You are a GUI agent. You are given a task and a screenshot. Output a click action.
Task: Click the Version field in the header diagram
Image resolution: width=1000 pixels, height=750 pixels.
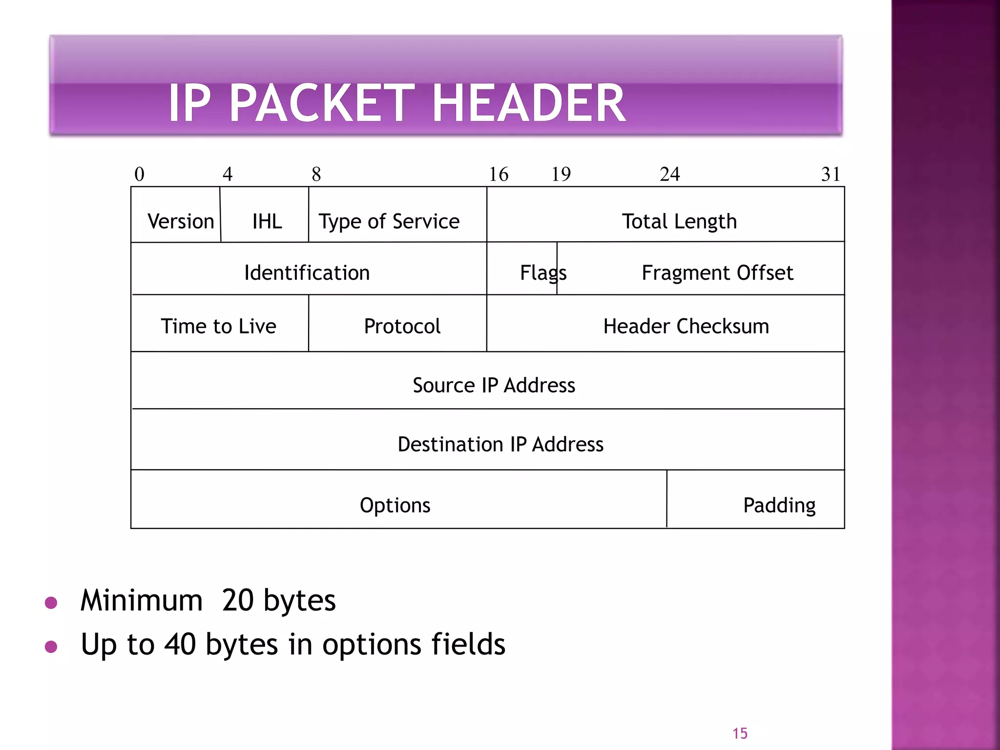[180, 221]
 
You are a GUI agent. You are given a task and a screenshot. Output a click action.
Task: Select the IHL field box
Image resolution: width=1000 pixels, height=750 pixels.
[267, 221]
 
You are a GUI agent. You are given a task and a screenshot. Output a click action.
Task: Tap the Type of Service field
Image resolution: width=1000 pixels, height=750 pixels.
[389, 221]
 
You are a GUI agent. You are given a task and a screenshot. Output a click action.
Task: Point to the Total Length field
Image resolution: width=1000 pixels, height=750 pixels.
[679, 221]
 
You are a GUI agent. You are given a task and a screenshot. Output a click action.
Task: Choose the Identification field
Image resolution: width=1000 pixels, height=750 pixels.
[307, 272]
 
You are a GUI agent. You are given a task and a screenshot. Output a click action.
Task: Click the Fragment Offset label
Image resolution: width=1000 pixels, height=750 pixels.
[717, 272]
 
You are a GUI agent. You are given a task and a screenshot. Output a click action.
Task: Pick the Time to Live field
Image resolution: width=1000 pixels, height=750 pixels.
[218, 326]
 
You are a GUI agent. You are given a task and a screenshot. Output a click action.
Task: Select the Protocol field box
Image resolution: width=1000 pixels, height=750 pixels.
[402, 326]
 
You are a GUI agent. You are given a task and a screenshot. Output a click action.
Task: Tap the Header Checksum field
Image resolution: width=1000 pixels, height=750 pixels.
[686, 326]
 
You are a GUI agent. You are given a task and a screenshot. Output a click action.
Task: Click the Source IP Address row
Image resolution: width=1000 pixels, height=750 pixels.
[494, 385]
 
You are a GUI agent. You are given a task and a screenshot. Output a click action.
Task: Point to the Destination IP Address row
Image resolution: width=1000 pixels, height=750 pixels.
[500, 444]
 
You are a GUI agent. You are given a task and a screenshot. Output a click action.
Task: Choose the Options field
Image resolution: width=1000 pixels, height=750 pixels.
[395, 505]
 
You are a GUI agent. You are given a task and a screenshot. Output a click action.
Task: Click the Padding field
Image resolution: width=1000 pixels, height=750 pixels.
[779, 505]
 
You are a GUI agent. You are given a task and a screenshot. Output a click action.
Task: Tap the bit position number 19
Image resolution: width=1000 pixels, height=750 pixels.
[561, 174]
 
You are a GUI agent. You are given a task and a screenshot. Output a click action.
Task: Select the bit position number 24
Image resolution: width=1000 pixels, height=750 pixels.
[669, 174]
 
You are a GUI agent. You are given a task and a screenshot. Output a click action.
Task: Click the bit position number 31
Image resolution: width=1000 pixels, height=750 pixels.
[831, 174]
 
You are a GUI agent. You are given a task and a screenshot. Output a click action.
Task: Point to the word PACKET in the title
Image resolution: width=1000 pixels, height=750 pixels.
[322, 103]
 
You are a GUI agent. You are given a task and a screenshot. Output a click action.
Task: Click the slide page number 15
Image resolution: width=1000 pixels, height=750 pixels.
[740, 733]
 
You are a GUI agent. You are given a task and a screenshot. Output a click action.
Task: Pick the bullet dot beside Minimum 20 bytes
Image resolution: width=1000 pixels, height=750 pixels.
[51, 603]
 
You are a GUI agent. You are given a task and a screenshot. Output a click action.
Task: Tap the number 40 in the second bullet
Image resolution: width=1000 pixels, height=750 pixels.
[180, 644]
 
